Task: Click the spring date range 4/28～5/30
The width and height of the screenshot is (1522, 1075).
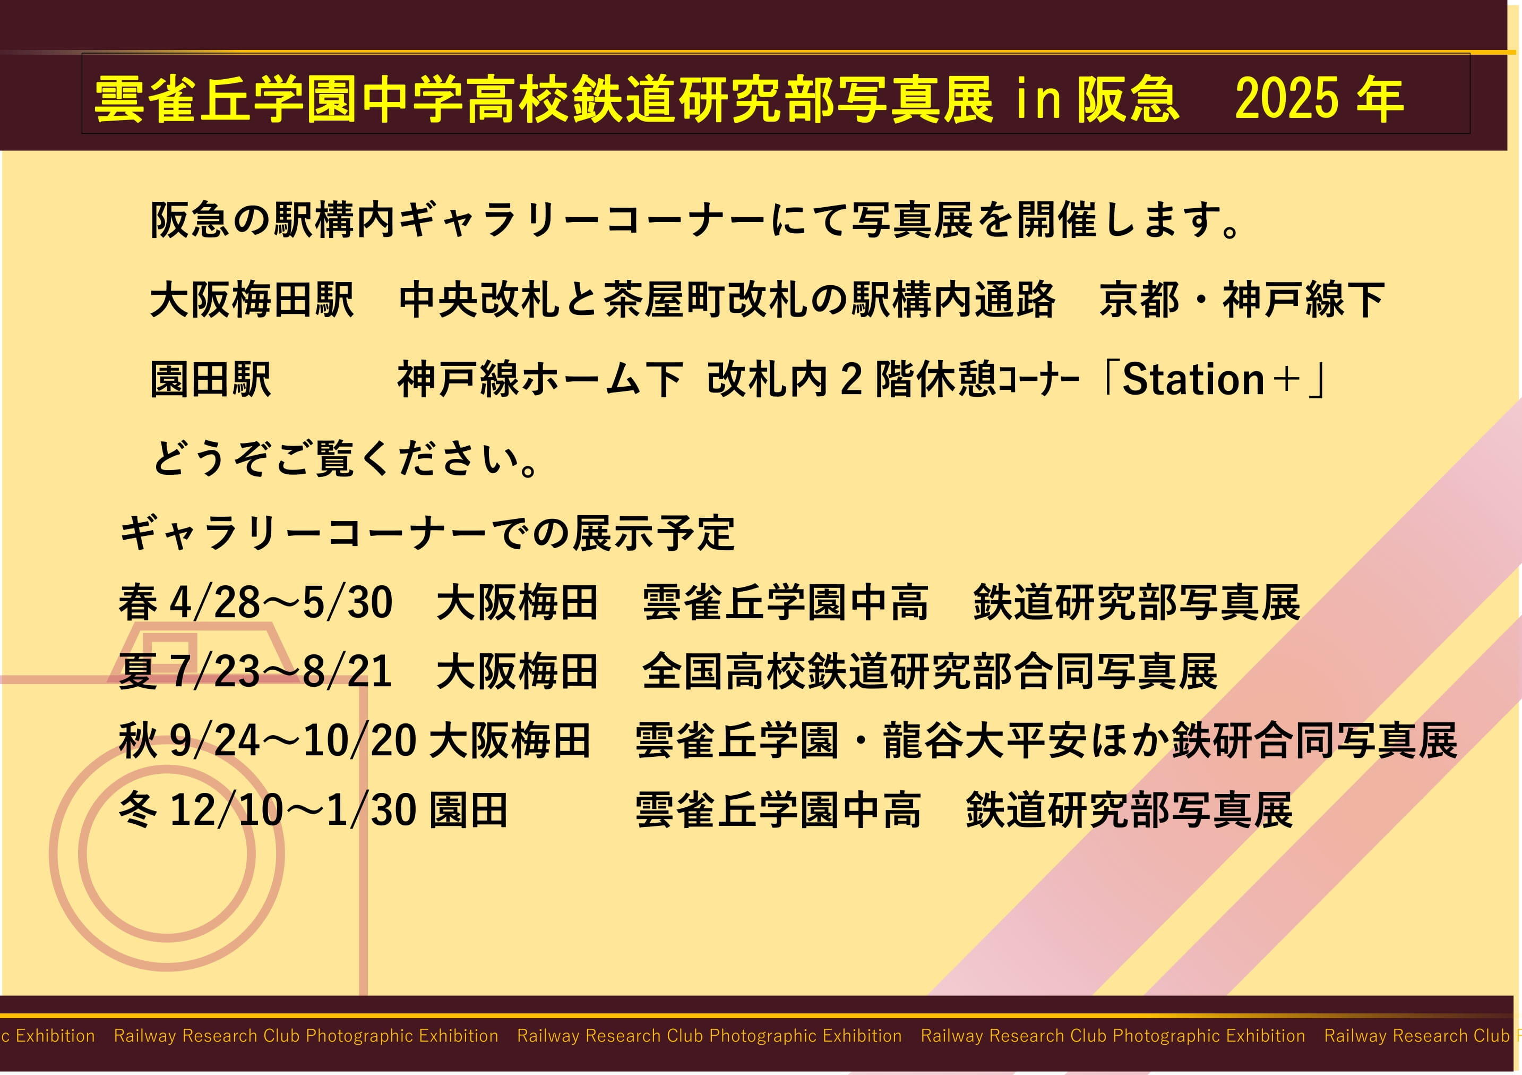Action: pos(281,603)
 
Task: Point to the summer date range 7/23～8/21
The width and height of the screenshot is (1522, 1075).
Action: pos(281,671)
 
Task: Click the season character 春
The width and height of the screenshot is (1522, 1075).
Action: pos(138,603)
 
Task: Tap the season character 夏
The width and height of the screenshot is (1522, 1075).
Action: pos(138,671)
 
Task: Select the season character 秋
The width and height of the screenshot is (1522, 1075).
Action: pos(138,740)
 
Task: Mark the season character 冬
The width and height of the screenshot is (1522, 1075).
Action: pos(138,810)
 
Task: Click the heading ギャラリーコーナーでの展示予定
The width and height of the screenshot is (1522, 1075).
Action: pos(427,533)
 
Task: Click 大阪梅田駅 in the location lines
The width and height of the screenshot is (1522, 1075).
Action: pos(253,300)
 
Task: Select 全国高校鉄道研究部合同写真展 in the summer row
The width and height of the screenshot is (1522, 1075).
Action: pos(930,671)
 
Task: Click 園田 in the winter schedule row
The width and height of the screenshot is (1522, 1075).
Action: pos(469,810)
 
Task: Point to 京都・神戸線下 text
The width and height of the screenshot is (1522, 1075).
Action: pos(1242,300)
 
